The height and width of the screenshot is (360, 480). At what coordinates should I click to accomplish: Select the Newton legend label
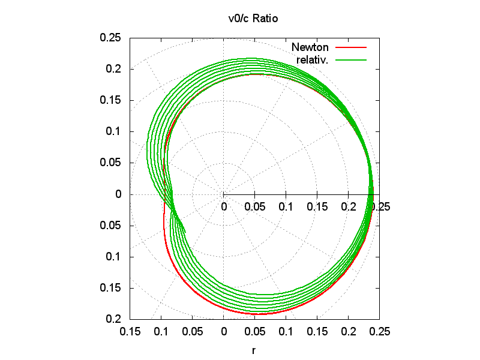[x=310, y=47]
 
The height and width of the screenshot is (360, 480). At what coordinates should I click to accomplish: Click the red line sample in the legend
[x=350, y=47]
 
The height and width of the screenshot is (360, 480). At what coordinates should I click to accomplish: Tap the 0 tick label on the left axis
[x=118, y=194]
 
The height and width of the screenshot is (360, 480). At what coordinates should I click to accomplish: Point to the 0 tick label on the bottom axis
[x=224, y=331]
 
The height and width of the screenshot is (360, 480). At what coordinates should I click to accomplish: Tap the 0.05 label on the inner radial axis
[x=255, y=207]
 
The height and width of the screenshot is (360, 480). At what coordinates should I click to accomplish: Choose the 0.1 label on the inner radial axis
[x=286, y=207]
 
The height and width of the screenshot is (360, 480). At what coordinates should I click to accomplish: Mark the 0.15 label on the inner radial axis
[x=317, y=207]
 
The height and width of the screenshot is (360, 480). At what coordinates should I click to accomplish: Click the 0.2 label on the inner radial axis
[x=348, y=207]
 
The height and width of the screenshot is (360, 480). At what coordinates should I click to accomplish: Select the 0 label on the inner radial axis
[x=224, y=207]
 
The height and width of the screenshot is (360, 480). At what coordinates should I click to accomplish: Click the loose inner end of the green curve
[x=185, y=232]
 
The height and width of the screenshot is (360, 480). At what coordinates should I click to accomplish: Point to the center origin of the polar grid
[x=224, y=194]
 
